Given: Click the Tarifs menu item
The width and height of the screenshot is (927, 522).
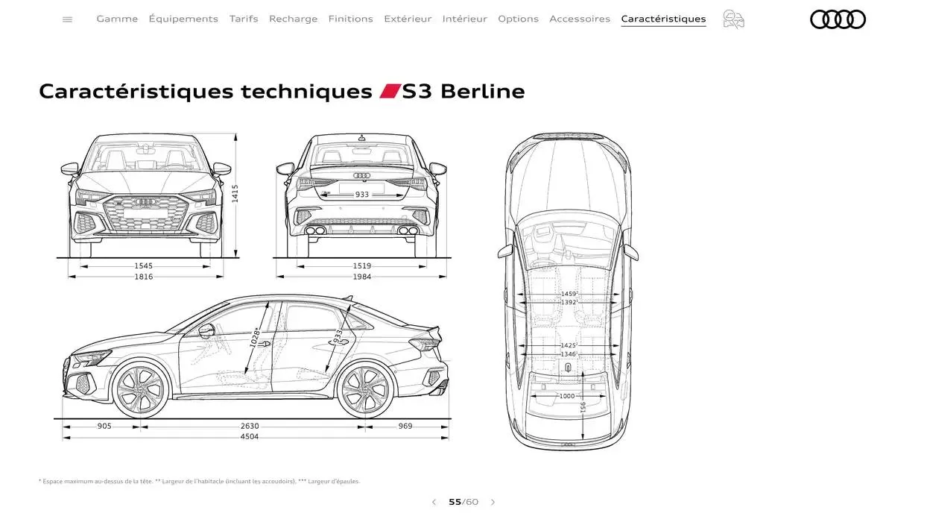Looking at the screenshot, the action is click(244, 19).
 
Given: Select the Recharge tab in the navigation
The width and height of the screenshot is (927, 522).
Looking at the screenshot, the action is click(293, 19).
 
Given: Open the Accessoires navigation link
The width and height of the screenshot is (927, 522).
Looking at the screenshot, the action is click(580, 19).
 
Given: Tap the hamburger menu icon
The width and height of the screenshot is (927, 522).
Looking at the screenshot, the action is click(68, 19).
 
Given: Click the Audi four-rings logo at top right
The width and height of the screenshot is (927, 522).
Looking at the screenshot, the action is click(838, 19).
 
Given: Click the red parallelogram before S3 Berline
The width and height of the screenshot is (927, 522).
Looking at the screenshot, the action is click(390, 91).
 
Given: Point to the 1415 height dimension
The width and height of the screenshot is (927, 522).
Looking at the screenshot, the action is click(235, 194).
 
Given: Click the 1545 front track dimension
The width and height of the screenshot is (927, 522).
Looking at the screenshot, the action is click(143, 266).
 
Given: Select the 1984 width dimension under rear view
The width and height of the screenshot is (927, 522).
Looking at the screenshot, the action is click(361, 277).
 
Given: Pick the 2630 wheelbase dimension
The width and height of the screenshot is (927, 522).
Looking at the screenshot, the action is click(250, 426).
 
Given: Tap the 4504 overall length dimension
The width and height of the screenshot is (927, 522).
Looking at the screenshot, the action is click(250, 437).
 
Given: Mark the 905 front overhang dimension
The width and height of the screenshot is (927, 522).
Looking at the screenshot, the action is click(104, 426).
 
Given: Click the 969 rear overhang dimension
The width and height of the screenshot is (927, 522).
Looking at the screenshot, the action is click(405, 426).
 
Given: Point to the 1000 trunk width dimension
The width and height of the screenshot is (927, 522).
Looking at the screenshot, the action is click(567, 396).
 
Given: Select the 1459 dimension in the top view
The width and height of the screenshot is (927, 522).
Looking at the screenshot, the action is click(569, 294).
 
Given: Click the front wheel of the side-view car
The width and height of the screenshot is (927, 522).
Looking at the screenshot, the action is click(139, 389).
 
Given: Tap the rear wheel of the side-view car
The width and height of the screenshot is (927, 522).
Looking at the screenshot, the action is click(365, 389).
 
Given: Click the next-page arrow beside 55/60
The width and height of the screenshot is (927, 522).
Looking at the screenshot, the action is click(493, 502).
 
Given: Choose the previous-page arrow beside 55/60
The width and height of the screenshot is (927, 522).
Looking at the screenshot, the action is click(434, 502).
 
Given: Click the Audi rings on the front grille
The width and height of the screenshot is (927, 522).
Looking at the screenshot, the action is click(145, 202).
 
